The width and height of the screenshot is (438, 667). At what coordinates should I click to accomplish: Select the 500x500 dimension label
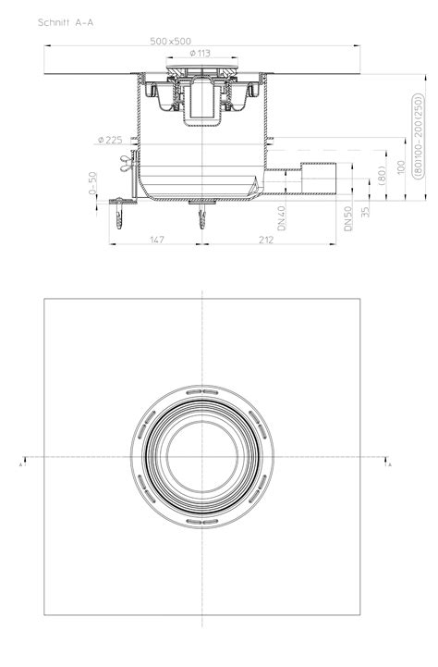[175, 42]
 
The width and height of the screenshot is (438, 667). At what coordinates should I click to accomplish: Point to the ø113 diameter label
[201, 53]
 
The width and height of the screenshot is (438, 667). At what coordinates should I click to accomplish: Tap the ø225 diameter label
[109, 141]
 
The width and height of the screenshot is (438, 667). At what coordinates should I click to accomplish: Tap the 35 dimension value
[367, 211]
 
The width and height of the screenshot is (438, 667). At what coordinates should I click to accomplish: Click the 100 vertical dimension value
[401, 168]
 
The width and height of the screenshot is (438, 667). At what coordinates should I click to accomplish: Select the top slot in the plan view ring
[202, 395]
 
